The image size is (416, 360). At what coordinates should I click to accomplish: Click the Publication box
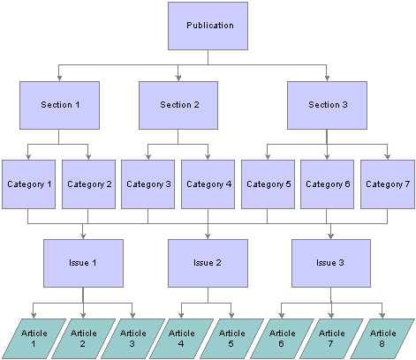click(x=208, y=26)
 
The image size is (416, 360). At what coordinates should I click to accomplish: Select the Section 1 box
click(x=59, y=105)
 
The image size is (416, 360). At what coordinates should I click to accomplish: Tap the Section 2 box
click(x=178, y=105)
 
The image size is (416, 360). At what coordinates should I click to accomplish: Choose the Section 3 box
click(x=327, y=105)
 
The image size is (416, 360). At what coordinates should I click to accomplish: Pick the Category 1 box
click(x=28, y=184)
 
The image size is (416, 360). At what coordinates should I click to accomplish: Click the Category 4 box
click(x=208, y=184)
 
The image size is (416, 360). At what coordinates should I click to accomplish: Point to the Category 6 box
click(x=327, y=184)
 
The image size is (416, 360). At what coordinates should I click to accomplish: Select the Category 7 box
click(x=388, y=184)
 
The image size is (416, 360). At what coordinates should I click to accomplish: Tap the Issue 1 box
click(x=83, y=263)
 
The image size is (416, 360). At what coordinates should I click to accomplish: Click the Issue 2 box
click(x=208, y=263)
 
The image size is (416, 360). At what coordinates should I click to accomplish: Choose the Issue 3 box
click(x=331, y=263)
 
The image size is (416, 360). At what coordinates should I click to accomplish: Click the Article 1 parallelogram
click(x=34, y=339)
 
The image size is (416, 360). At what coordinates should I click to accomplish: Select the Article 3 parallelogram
click(x=132, y=339)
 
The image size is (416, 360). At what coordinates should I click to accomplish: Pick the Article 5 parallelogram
click(x=231, y=339)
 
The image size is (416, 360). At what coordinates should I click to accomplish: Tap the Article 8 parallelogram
click(x=382, y=339)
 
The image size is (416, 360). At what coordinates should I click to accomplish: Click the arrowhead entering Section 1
click(x=59, y=79)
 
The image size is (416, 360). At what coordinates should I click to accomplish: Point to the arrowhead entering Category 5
click(x=268, y=157)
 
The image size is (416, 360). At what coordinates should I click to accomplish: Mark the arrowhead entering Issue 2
click(x=208, y=236)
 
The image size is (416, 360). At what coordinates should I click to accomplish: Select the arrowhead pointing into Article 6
click(x=282, y=315)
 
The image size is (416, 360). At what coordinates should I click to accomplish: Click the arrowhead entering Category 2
click(x=88, y=157)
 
